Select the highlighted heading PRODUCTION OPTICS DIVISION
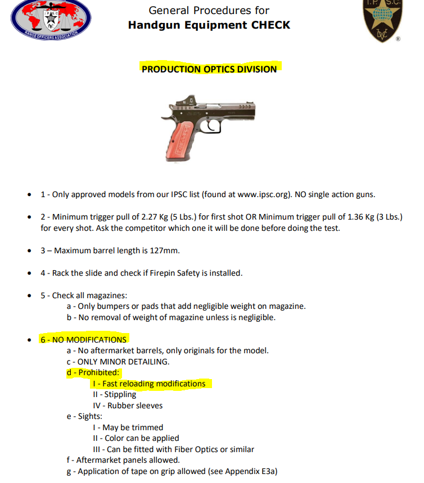tap(209, 69)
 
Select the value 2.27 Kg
tap(151, 217)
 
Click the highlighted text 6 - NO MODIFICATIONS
tap(83, 340)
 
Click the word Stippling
tap(119, 394)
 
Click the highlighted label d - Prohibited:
tap(93, 372)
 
